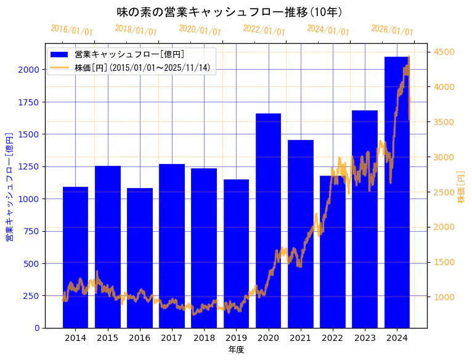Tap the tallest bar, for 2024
(397, 192)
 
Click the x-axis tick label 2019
(236, 338)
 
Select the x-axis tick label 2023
(365, 338)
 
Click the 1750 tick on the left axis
(28, 102)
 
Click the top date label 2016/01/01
(71, 30)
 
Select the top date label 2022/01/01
(264, 30)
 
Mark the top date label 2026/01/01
(392, 30)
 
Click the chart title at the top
(229, 12)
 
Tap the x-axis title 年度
(236, 350)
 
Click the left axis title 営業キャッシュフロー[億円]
(10, 186)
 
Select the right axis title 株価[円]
(462, 187)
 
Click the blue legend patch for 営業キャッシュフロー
(60, 54)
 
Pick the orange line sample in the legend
(60, 67)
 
